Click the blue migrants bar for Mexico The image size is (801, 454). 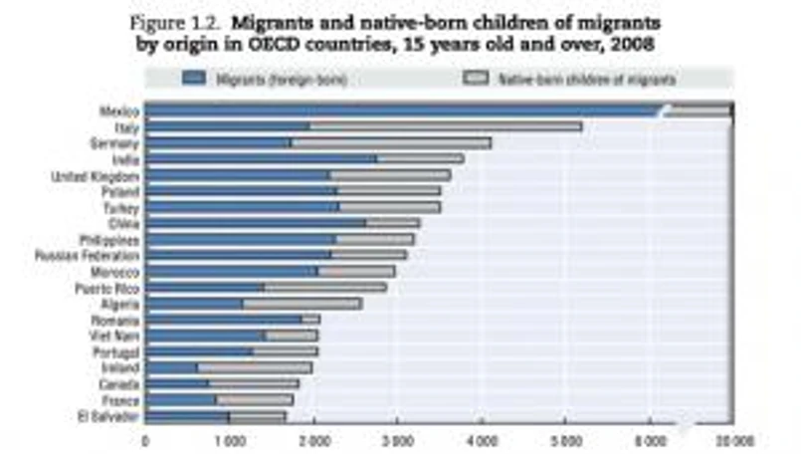(398, 112)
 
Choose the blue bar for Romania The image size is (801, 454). (223, 320)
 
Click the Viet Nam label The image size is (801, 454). (116, 336)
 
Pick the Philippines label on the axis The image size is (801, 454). (109, 240)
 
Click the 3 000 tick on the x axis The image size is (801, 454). (399, 438)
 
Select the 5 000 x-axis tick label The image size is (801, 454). (567, 438)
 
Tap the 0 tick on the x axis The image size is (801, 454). (146, 438)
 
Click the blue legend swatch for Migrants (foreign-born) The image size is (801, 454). (194, 77)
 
